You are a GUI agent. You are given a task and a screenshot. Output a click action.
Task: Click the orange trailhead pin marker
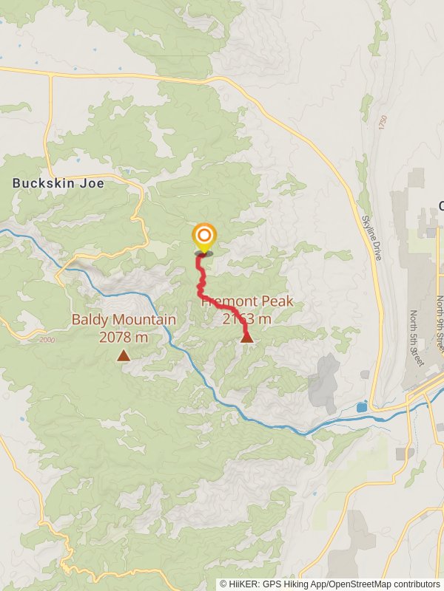(x=203, y=236)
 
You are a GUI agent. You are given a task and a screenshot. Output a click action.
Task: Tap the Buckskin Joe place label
(x=58, y=182)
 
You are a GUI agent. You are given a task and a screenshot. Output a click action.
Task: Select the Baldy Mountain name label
(x=124, y=320)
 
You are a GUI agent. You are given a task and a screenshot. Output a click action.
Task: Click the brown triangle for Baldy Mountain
(x=124, y=356)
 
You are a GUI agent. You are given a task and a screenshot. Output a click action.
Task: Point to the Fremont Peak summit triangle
(x=247, y=338)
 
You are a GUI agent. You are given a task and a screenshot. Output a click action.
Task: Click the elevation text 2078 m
(x=124, y=337)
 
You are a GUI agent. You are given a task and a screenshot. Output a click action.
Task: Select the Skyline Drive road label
(x=371, y=236)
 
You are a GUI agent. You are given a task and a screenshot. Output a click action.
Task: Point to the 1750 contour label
(x=383, y=123)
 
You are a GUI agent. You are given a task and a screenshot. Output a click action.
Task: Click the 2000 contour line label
(x=48, y=339)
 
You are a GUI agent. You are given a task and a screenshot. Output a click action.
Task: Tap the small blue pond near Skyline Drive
(x=361, y=407)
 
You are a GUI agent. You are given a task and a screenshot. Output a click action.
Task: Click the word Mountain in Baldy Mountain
(x=149, y=320)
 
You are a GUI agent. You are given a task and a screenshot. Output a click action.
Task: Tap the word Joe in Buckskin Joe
(x=92, y=182)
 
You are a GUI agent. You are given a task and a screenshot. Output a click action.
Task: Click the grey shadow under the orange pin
(x=203, y=253)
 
